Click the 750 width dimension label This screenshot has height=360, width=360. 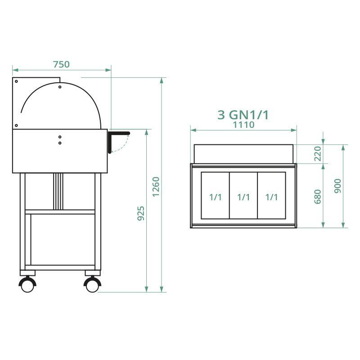click(x=62, y=64)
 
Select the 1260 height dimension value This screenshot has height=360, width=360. click(x=156, y=186)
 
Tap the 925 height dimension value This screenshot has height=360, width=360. click(x=141, y=213)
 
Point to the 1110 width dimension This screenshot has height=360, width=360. click(x=243, y=125)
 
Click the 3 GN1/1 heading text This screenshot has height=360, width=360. click(x=243, y=115)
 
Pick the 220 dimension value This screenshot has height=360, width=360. click(x=318, y=154)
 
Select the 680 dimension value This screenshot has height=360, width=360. click(x=318, y=197)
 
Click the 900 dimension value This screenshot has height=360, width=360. click(x=338, y=186)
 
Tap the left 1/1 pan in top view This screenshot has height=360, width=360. click(x=215, y=197)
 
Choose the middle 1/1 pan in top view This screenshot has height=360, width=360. click(x=243, y=197)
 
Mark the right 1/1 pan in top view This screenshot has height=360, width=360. click(x=271, y=197)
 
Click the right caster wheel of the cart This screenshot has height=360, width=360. click(x=92, y=284)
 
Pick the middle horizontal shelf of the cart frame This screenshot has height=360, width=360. click(x=60, y=211)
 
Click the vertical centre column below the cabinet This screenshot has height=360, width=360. click(x=58, y=191)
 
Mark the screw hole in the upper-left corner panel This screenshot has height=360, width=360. click(x=16, y=81)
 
